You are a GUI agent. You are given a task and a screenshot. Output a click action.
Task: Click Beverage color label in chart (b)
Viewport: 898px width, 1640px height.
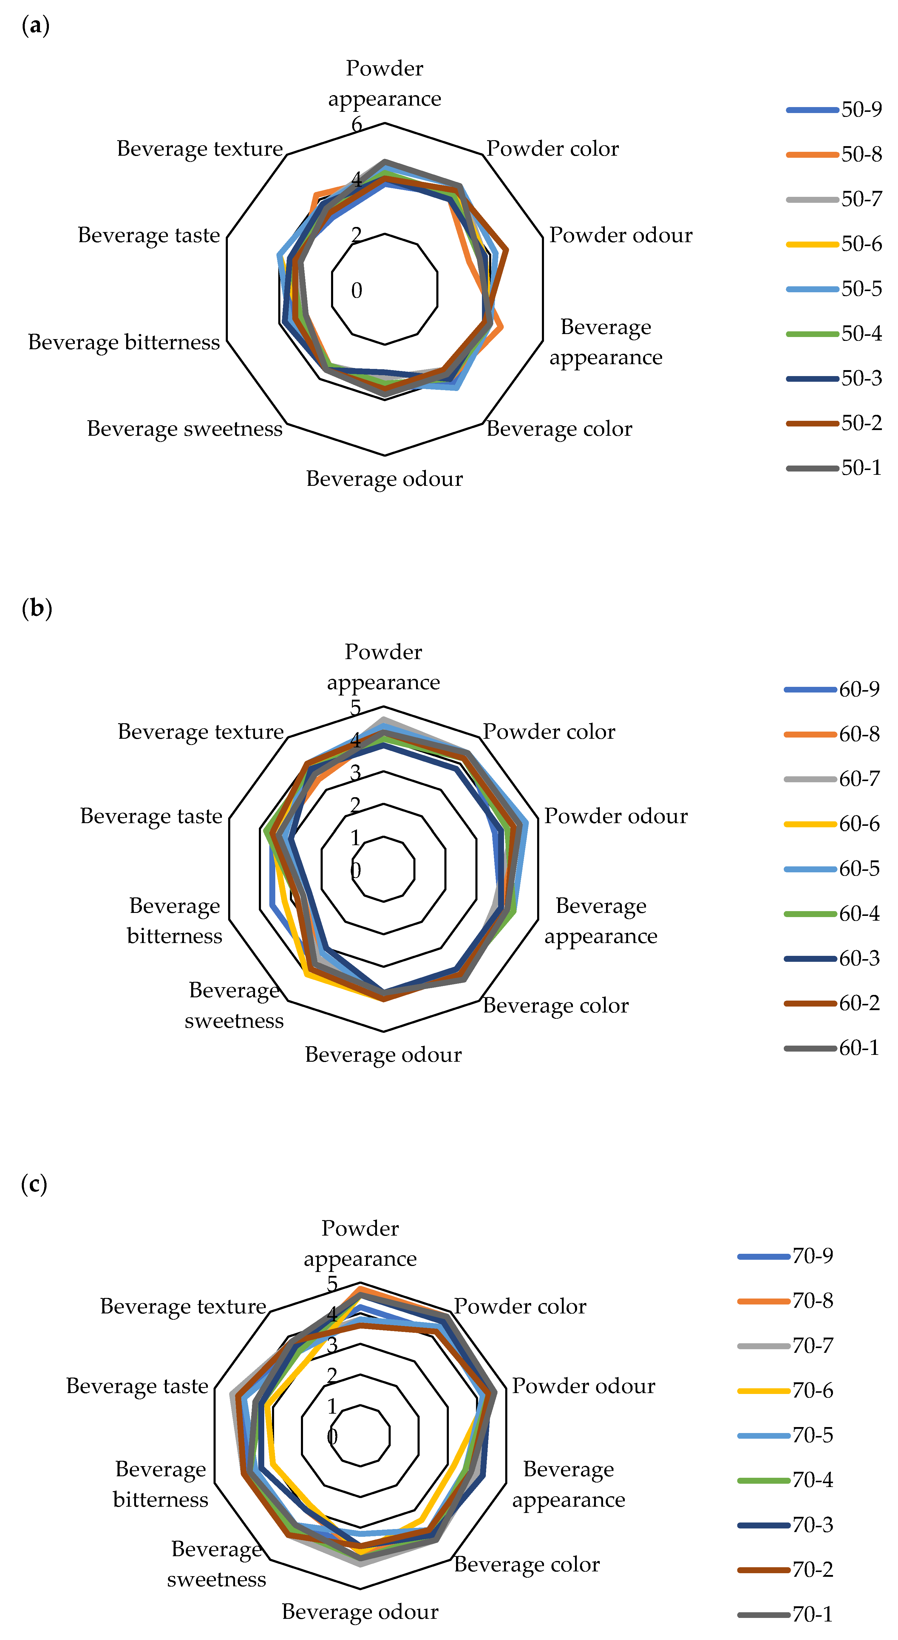[x=555, y=1005]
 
